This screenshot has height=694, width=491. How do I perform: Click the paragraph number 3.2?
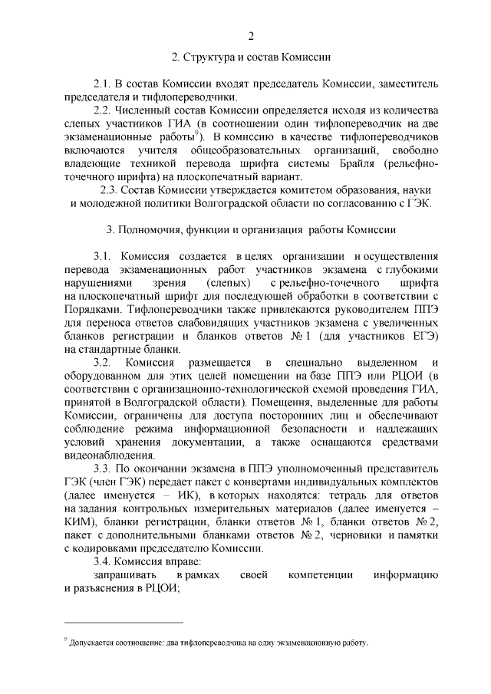pos(103,361)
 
